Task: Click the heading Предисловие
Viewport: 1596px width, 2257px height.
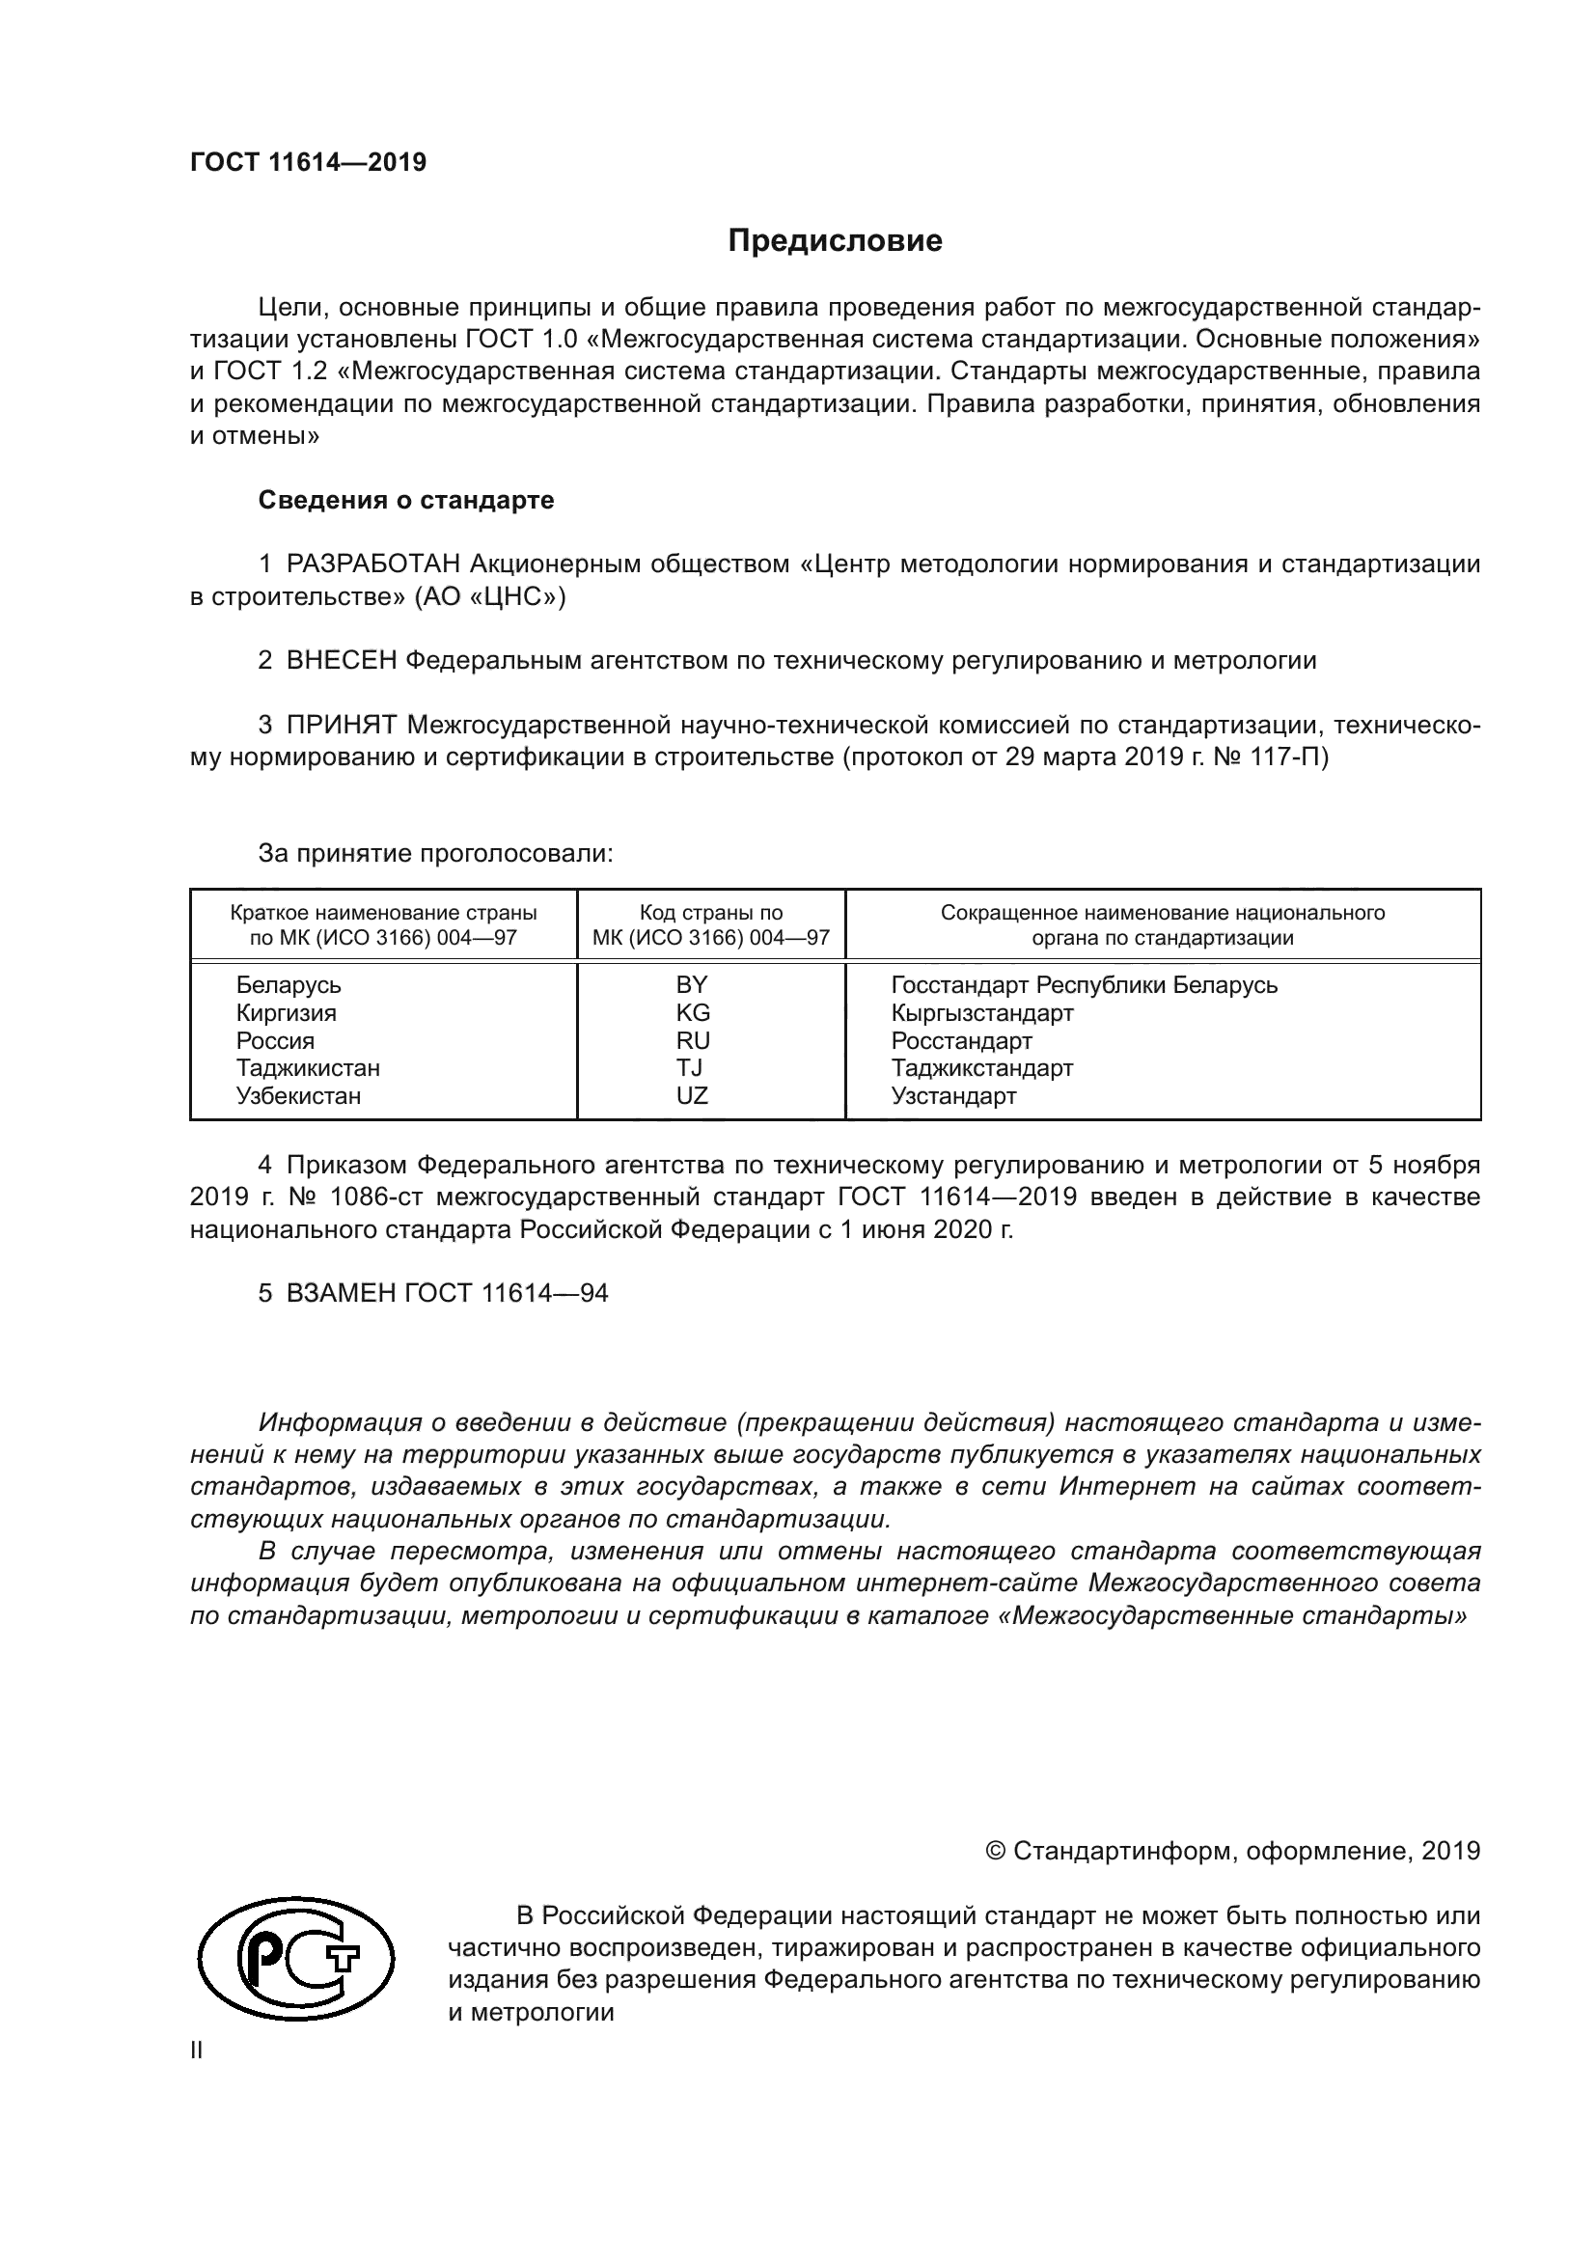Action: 835,241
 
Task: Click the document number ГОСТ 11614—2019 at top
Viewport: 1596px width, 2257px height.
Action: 308,163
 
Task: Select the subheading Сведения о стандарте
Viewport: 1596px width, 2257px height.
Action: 406,501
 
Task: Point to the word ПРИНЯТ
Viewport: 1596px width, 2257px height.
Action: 341,726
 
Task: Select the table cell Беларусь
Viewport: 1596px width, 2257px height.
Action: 288,985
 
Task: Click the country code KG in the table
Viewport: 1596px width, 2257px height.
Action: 693,1012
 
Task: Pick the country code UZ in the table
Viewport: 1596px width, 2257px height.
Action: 692,1095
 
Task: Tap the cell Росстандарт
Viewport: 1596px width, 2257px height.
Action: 961,1040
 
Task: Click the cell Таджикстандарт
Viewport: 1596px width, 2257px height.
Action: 981,1067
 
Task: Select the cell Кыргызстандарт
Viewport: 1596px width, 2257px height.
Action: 981,1012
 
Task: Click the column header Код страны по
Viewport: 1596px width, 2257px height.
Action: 710,912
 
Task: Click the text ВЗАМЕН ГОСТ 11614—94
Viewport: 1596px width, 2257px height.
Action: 447,1293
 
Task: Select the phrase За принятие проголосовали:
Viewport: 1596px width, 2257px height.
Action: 435,853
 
